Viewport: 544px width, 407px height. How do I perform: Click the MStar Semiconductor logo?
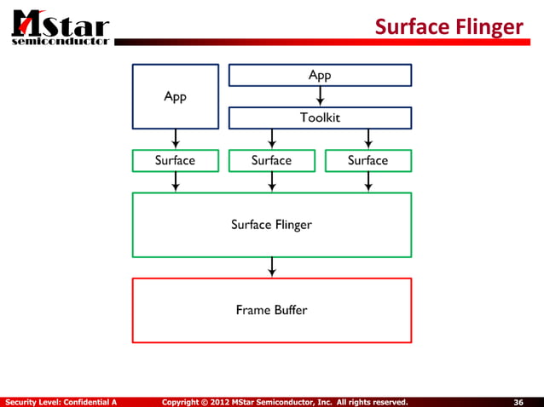coord(59,25)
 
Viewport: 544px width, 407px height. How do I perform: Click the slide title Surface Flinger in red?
coord(449,28)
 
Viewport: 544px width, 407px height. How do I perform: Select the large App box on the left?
coord(175,96)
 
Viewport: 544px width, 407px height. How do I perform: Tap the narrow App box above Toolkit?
coord(320,76)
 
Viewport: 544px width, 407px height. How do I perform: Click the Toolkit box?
coord(320,118)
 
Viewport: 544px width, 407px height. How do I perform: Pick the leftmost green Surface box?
coord(175,160)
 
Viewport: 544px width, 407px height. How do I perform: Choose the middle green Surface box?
coord(271,160)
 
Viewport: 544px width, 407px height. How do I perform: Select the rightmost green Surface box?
coord(367,160)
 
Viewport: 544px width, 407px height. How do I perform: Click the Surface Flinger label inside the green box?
coord(271,225)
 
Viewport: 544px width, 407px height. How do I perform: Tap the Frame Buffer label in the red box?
coord(271,310)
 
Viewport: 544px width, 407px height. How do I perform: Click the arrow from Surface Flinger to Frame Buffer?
coord(271,267)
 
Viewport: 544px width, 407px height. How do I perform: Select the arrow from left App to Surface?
coord(175,138)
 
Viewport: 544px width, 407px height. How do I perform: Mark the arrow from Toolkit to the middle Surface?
coord(271,138)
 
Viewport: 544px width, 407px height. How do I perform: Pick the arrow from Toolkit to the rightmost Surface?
coord(367,138)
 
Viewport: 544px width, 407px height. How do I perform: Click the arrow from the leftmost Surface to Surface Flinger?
coord(175,181)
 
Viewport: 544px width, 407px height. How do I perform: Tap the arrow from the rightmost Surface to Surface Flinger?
coord(367,181)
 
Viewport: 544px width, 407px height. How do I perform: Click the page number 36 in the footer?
coord(518,401)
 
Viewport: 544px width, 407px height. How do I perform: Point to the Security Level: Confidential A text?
coord(61,401)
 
